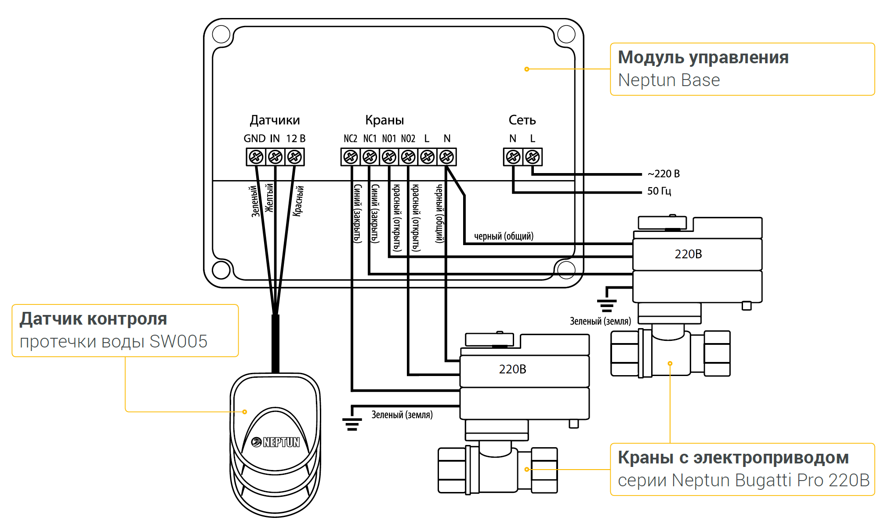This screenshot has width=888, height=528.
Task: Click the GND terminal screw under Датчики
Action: pyautogui.click(x=256, y=157)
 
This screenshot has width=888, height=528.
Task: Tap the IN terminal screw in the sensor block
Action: pyautogui.click(x=275, y=157)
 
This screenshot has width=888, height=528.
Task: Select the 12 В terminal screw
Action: pyautogui.click(x=295, y=157)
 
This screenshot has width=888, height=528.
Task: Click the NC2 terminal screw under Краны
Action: pyautogui.click(x=351, y=157)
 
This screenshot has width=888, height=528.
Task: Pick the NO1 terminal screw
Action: pyautogui.click(x=389, y=157)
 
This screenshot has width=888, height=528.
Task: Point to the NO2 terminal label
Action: pyautogui.click(x=408, y=139)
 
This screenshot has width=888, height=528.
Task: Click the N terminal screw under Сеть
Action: pyautogui.click(x=513, y=157)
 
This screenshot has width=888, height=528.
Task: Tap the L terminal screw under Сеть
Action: pyautogui.click(x=533, y=157)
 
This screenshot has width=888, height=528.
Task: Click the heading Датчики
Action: pyautogui.click(x=275, y=120)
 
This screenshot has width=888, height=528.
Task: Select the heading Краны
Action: pyautogui.click(x=384, y=120)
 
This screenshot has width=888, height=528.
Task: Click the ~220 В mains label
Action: pyautogui.click(x=663, y=174)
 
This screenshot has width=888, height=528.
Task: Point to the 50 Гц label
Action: pyautogui.click(x=659, y=191)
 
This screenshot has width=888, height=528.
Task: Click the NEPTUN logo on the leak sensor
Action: pyautogui.click(x=275, y=442)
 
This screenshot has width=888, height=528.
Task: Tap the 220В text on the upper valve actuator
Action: pyautogui.click(x=688, y=254)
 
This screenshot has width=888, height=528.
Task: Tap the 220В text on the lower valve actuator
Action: pyautogui.click(x=512, y=369)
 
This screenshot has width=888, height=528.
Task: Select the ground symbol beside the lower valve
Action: pyautogui.click(x=352, y=424)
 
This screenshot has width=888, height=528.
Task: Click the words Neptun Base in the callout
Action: pyautogui.click(x=669, y=80)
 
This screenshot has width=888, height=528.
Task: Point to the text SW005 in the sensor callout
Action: pyautogui.click(x=178, y=342)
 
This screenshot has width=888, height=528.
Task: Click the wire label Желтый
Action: pyautogui.click(x=269, y=198)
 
